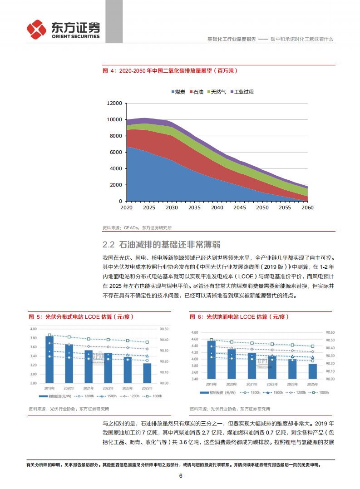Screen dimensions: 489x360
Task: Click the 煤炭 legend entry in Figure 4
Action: (178, 92)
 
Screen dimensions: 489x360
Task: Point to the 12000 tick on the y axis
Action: (113, 103)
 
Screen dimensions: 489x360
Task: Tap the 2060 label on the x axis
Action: (307, 207)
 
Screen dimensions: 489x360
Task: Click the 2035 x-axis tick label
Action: (194, 207)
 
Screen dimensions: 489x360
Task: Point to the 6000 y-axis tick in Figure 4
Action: (115, 152)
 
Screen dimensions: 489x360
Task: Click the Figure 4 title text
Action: (170, 71)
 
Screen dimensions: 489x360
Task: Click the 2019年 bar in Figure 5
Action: (49, 359)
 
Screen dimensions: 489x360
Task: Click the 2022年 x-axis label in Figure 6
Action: (271, 384)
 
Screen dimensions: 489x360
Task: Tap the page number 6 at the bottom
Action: (180, 476)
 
